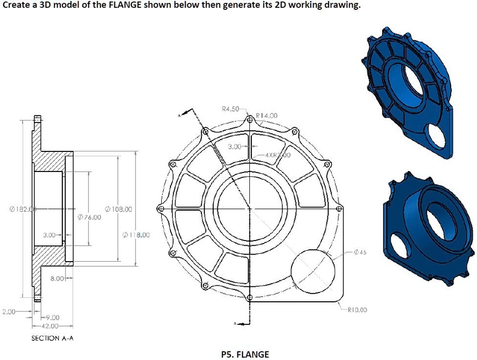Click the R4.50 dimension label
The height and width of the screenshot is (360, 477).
point(230,109)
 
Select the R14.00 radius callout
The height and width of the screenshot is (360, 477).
point(266,115)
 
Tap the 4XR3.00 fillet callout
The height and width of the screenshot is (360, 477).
point(277,155)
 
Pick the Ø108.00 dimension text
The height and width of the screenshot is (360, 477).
point(118,209)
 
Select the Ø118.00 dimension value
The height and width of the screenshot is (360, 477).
point(137,235)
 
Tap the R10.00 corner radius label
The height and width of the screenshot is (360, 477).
point(357,310)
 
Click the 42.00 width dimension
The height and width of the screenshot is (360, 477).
point(52,326)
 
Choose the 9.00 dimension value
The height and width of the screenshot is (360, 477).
point(53,318)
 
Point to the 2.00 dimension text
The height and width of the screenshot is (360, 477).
point(9,312)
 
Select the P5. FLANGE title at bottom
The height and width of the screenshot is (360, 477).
point(245,354)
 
